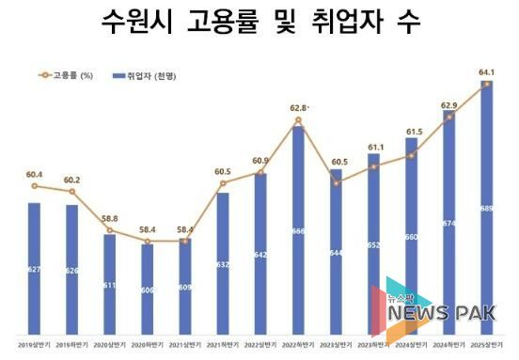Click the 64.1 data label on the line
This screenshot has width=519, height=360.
(x=486, y=71)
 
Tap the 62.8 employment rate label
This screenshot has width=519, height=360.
(x=298, y=107)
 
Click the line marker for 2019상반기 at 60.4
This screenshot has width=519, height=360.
(x=34, y=187)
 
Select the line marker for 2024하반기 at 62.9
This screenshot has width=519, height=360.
(x=449, y=117)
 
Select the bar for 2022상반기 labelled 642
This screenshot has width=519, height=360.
(x=260, y=254)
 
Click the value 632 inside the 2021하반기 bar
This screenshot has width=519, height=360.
(x=223, y=264)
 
